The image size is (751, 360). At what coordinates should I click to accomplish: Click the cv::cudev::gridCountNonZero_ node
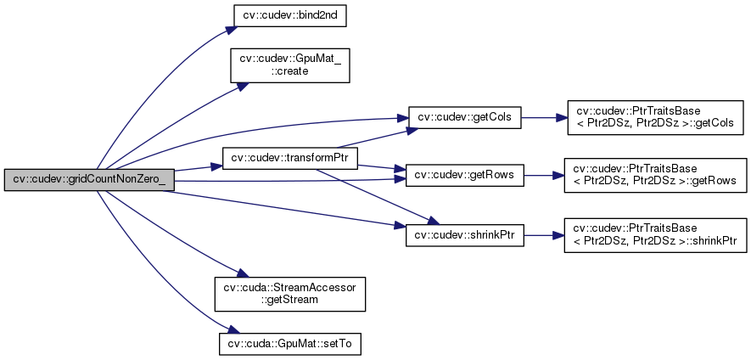[89, 179]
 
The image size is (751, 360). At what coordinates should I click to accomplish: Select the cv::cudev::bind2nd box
[277, 15]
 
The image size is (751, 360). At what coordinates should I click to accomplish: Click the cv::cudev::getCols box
[464, 116]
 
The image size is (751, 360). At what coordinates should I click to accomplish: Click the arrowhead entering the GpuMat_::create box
[242, 86]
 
